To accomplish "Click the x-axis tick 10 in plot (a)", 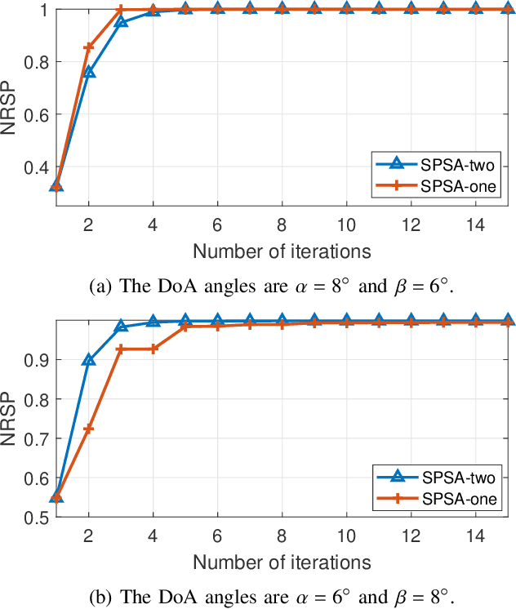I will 346,223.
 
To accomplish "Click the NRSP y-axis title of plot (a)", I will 11,114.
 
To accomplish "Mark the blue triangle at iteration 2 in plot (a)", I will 89,73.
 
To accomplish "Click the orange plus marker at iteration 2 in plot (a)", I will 89,47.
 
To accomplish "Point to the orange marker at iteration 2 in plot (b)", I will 89,429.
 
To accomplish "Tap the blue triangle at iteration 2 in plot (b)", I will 89,360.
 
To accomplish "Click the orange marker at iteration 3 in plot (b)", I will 121,349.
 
